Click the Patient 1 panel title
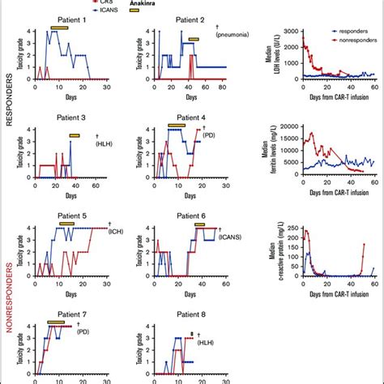[x=68, y=19]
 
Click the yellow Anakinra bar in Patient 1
[x=59, y=28]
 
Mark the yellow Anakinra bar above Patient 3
[x=75, y=135]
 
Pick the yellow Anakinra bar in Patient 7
[x=55, y=322]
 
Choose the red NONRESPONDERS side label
[x=10, y=289]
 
